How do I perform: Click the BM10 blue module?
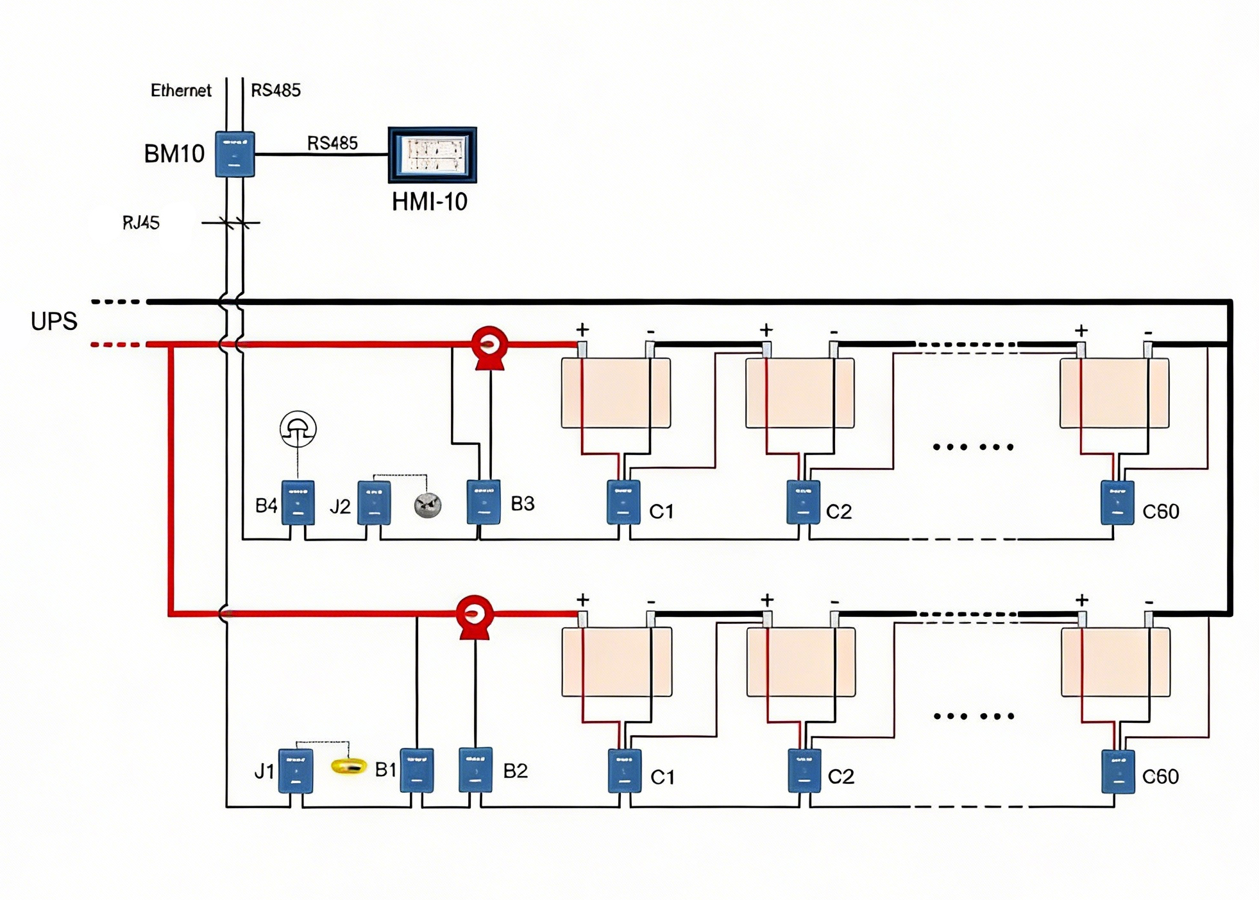point(234,154)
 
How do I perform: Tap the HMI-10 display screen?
point(432,155)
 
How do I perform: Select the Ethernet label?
point(180,91)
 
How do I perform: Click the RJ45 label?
point(140,223)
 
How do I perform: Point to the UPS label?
point(54,321)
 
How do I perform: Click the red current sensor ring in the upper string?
point(489,345)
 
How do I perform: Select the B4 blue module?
point(298,502)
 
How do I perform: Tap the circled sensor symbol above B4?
point(298,429)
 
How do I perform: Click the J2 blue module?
point(374,503)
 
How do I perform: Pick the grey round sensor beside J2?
point(427,505)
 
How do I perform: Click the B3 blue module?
point(483,501)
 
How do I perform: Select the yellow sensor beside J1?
point(348,766)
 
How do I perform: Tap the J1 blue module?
point(296,770)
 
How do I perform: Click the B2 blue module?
point(475,769)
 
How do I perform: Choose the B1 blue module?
point(416,770)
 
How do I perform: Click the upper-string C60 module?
point(1117,502)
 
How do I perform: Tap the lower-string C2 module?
point(804,770)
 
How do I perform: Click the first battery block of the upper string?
point(616,392)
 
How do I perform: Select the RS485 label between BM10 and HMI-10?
point(332,143)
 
